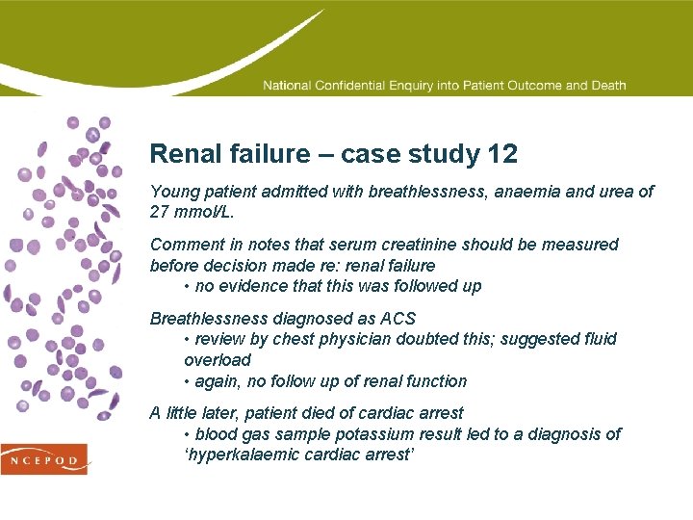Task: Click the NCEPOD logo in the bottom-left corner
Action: tap(43, 459)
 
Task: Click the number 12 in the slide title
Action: tap(502, 154)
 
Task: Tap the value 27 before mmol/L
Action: tap(160, 212)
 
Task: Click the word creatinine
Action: tap(412, 245)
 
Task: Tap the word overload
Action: tap(218, 360)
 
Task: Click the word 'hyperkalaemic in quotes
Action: tap(240, 455)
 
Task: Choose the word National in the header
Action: tap(287, 86)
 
